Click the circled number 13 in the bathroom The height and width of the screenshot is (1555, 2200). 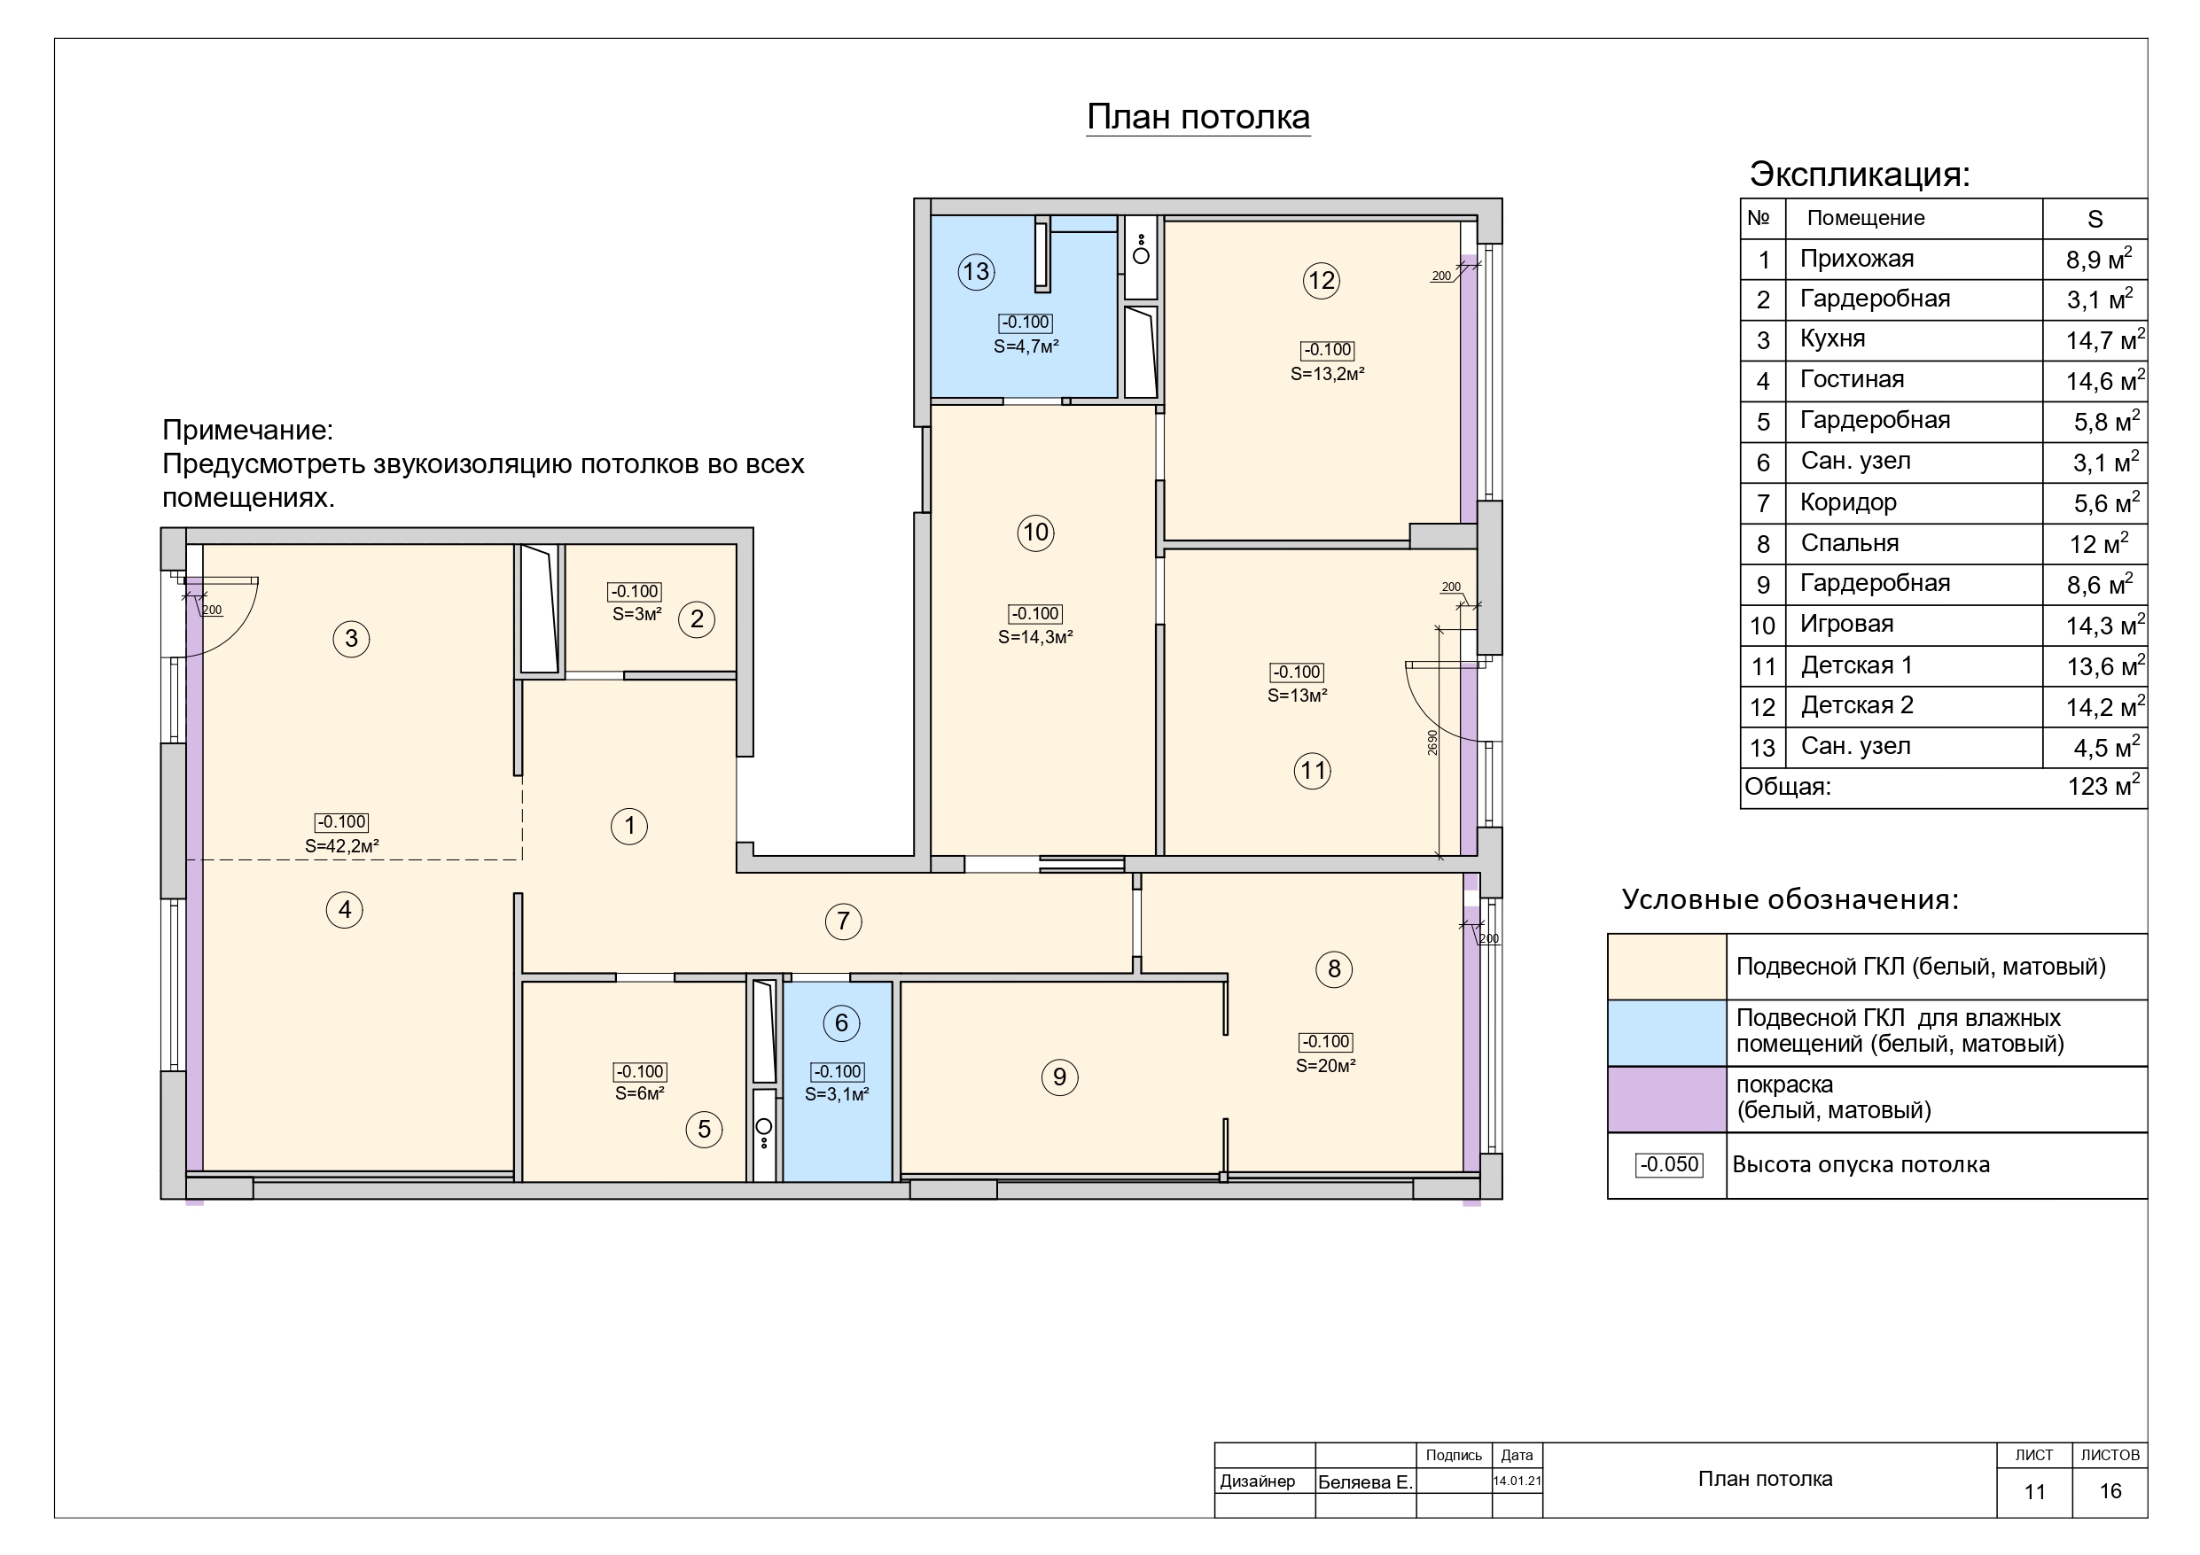pos(975,272)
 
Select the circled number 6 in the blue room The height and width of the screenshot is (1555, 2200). pos(841,1023)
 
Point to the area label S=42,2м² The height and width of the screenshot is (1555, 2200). pos(342,846)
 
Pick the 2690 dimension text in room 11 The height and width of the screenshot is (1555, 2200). pos(1432,743)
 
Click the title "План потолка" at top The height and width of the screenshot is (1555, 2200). pos(1198,117)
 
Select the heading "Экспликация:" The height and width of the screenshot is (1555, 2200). pos(1860,175)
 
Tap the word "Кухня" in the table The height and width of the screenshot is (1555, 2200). pos(1832,339)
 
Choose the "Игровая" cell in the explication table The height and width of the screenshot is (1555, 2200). pos(1846,624)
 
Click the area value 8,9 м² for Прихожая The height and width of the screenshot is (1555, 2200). pos(2098,259)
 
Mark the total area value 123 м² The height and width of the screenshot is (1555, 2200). pos(2103,787)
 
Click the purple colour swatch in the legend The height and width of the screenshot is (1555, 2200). pos(1667,1099)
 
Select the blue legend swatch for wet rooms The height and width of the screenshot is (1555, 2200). pos(1667,1033)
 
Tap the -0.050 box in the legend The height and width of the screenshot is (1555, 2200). pos(1669,1165)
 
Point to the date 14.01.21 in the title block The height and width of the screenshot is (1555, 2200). pos(1517,1481)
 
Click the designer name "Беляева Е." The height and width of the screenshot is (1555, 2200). pos(1365,1482)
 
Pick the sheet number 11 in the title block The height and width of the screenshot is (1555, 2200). pos(2034,1492)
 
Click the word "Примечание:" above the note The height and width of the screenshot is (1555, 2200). pos(247,431)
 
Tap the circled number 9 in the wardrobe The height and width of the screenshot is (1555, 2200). pos(1060,1077)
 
